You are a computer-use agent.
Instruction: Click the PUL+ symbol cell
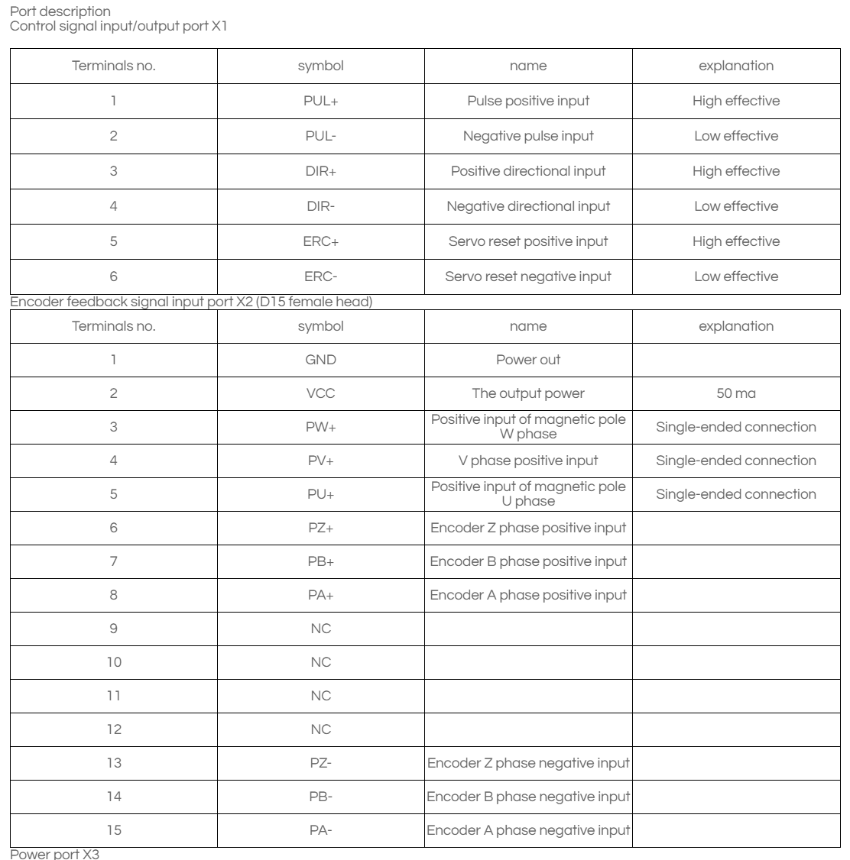320,101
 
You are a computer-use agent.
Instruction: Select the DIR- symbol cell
320,206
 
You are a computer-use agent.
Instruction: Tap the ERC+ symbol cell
320,241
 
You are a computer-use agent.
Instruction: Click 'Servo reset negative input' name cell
528,276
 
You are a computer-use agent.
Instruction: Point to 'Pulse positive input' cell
528,101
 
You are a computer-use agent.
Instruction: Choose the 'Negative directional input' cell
528,206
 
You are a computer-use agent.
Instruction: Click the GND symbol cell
320,360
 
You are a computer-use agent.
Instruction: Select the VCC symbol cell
320,394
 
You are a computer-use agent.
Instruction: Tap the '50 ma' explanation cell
736,394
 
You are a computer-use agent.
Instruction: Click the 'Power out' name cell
528,360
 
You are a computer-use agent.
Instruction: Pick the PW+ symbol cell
320,427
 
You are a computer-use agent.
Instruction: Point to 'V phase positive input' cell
528,461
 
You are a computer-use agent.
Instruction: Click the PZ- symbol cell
320,763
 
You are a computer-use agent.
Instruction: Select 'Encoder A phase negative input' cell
528,830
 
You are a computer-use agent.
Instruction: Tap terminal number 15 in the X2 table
113,830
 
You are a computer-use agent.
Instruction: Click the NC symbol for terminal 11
320,696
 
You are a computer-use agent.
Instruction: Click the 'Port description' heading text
57,11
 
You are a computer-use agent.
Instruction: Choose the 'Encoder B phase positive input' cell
528,561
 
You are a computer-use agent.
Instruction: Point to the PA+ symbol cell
320,595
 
